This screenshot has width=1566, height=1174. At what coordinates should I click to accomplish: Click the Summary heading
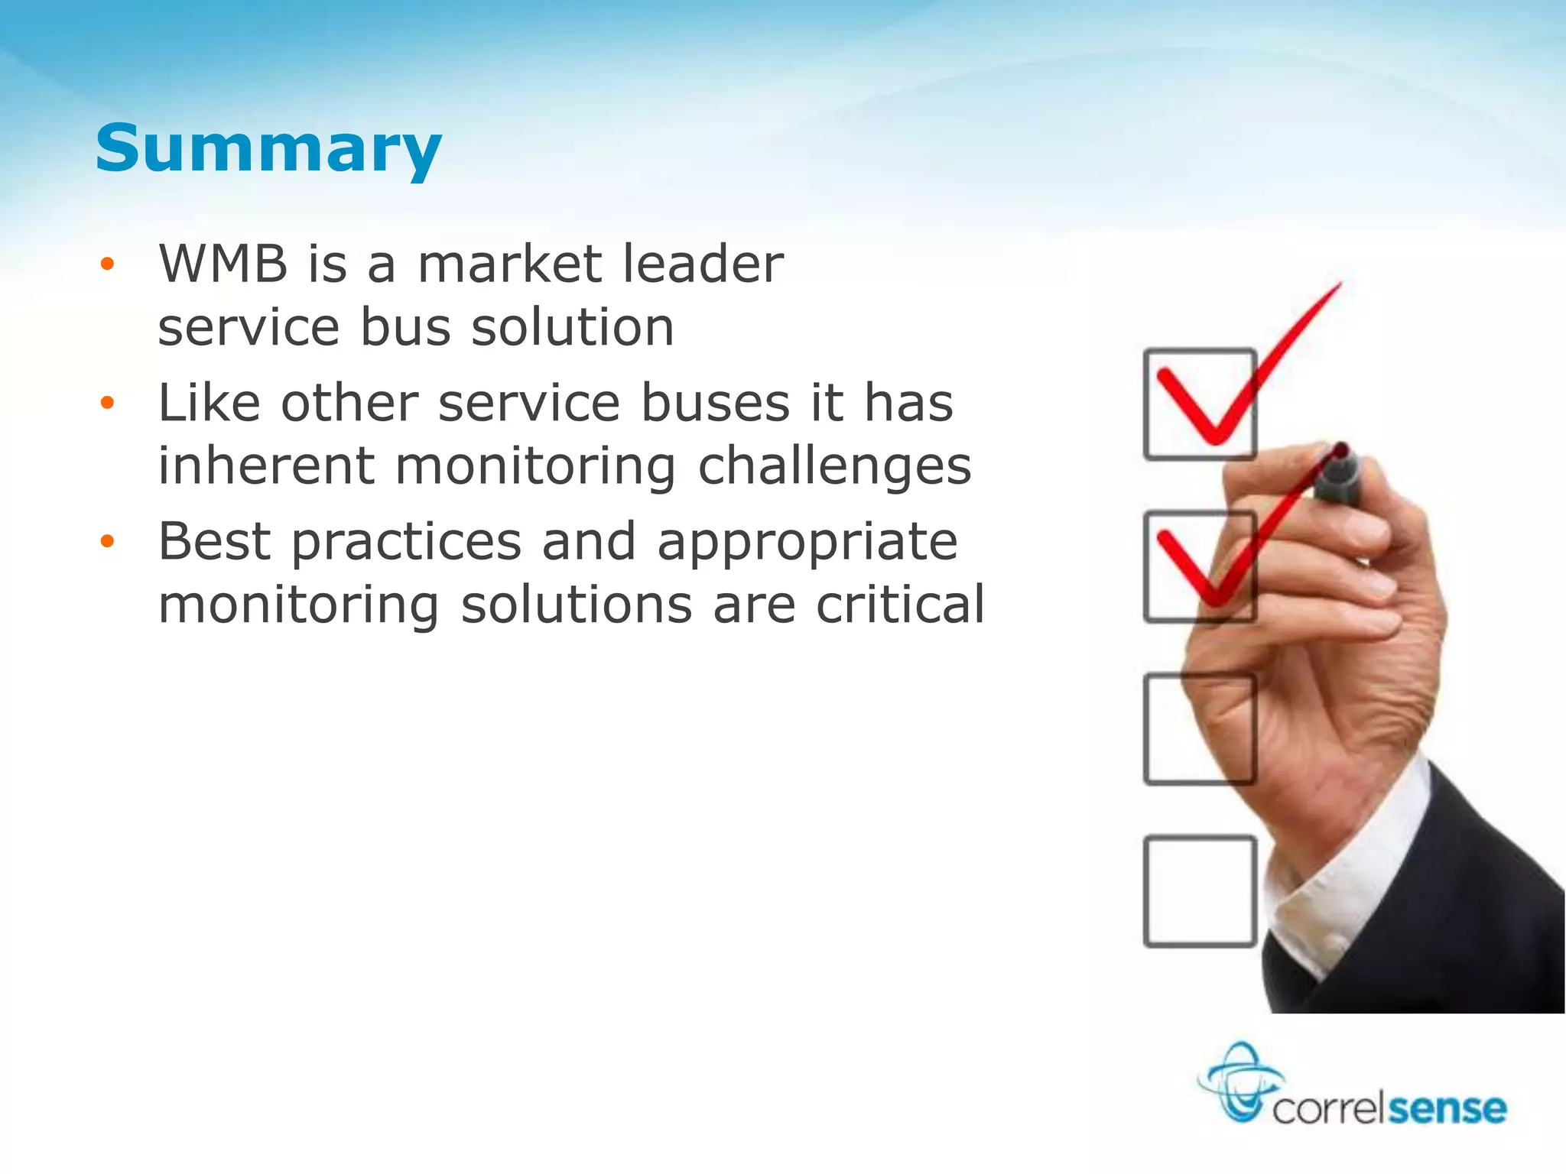pyautogui.click(x=268, y=148)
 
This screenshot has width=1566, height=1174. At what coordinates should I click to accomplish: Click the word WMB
pyautogui.click(x=223, y=264)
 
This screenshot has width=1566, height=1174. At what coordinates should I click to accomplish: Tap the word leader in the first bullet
pyautogui.click(x=703, y=264)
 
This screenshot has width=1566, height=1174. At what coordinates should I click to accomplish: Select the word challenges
pyautogui.click(x=834, y=465)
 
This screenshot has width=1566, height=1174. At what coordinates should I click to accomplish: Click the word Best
pyautogui.click(x=214, y=541)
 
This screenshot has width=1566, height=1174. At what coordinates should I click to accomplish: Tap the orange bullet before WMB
pyautogui.click(x=107, y=264)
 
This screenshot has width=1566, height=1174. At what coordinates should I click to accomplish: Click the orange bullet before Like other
pyautogui.click(x=107, y=403)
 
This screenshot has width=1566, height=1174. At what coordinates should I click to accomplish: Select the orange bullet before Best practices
pyautogui.click(x=107, y=542)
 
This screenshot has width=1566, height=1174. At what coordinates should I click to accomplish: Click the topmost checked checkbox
pyautogui.click(x=1199, y=404)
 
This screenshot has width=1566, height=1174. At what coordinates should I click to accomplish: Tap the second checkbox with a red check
pyautogui.click(x=1199, y=566)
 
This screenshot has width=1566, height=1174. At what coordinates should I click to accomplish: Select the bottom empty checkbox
pyautogui.click(x=1199, y=891)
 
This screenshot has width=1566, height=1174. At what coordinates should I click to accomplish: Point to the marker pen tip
pyautogui.click(x=1340, y=450)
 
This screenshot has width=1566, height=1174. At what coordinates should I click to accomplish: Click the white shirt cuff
pyautogui.click(x=1346, y=879)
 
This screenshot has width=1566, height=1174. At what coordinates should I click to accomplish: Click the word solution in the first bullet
pyautogui.click(x=572, y=328)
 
